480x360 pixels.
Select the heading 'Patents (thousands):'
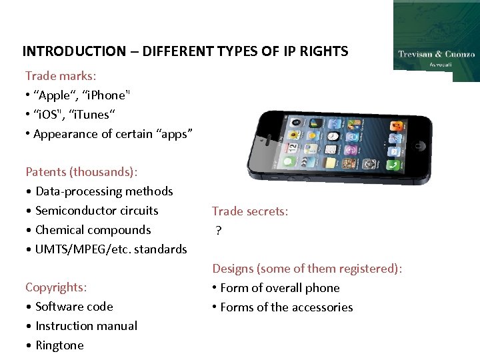pyautogui.click(x=81, y=172)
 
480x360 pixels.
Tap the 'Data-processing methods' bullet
pyautogui.click(x=103, y=191)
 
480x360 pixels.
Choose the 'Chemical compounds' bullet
pyautogui.click(x=93, y=230)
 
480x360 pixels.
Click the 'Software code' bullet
pyautogui.click(x=73, y=307)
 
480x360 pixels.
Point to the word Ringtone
pyautogui.click(x=59, y=345)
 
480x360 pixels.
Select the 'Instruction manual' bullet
pyautogui.click(x=86, y=326)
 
